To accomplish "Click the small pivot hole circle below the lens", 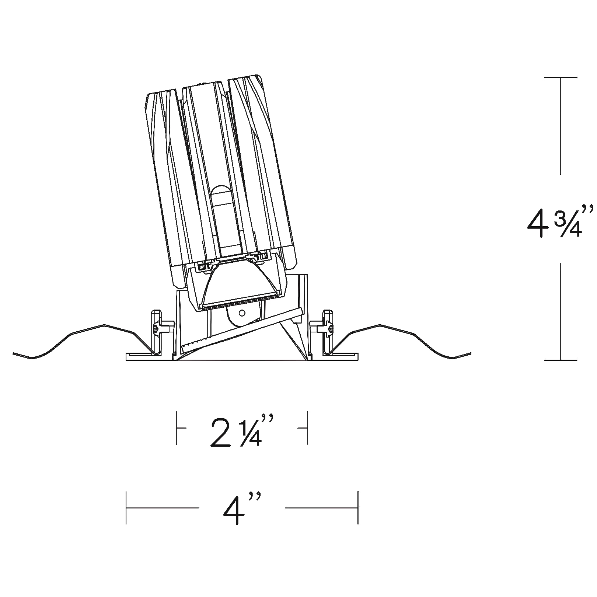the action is [242, 313].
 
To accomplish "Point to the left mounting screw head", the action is [156, 328].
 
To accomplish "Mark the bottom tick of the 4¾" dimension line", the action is [561, 360].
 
